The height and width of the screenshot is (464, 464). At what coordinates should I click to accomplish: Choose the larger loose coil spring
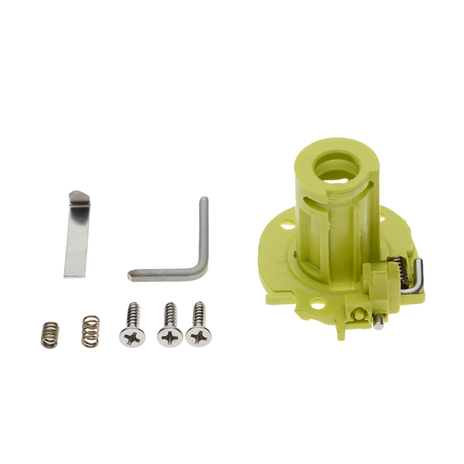[91, 330]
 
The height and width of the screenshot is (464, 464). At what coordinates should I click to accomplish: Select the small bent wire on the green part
[417, 278]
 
